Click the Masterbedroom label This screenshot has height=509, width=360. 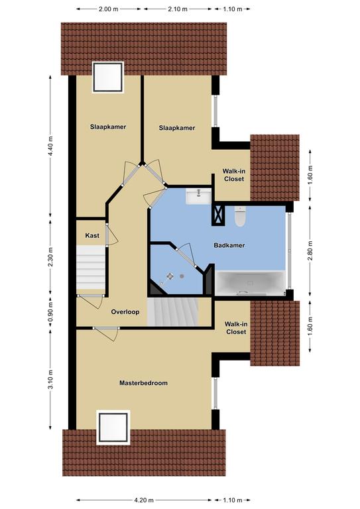[143, 382]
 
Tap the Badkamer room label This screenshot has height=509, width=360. [229, 245]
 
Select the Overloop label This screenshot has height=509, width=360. [125, 312]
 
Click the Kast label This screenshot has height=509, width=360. [92, 235]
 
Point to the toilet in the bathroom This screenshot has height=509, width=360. [240, 216]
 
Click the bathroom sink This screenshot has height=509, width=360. [199, 197]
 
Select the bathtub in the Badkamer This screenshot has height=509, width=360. [251, 283]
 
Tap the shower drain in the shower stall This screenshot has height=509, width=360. [182, 276]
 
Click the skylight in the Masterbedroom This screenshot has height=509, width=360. [113, 427]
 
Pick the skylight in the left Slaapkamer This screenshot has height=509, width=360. [108, 78]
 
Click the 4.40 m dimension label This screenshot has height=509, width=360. [50, 146]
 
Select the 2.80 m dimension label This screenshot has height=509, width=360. [310, 251]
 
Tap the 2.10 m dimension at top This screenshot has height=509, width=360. [178, 9]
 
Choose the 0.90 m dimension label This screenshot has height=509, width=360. [50, 313]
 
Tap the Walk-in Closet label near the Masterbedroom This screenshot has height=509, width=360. [236, 328]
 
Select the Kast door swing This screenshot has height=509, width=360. [112, 235]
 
